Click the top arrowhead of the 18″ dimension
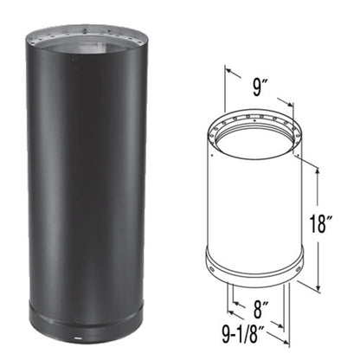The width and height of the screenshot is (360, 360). pyautogui.click(x=318, y=170)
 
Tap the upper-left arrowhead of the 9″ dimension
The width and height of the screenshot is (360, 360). pyautogui.click(x=228, y=71)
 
